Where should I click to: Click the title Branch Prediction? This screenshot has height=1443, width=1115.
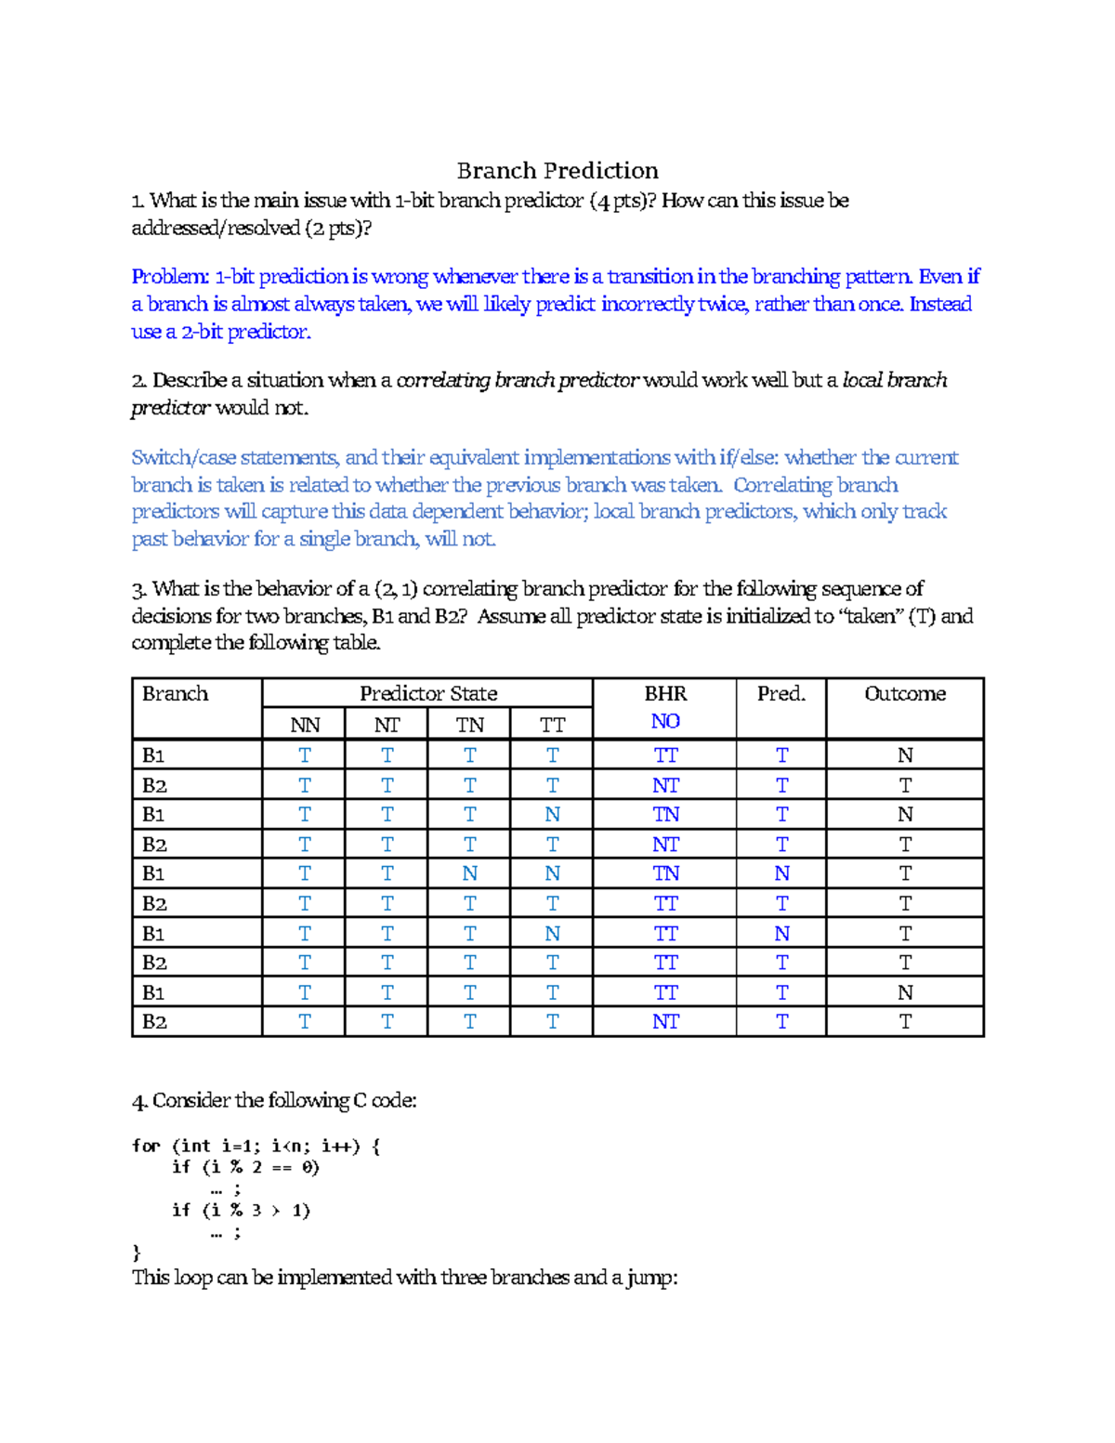click(557, 171)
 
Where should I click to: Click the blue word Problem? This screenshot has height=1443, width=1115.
click(170, 277)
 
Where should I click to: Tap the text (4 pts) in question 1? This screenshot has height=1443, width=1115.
click(612, 201)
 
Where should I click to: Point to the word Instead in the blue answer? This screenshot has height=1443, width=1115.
click(940, 305)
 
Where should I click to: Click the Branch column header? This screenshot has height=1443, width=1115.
click(175, 694)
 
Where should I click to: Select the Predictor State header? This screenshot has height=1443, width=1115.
click(428, 694)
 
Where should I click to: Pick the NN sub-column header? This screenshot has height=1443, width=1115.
click(305, 725)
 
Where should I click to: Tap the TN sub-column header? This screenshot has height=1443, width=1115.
click(469, 725)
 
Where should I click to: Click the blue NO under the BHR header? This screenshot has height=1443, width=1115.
click(665, 722)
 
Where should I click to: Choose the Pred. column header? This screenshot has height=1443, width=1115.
click(780, 694)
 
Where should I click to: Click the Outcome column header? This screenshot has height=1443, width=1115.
click(905, 694)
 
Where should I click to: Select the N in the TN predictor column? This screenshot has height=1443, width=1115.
click(469, 873)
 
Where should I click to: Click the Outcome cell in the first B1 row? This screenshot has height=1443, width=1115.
click(905, 755)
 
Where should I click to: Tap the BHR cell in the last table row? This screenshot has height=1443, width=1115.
click(665, 1022)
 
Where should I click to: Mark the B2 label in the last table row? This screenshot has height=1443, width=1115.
click(154, 1022)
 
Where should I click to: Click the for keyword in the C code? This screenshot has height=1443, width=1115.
click(146, 1146)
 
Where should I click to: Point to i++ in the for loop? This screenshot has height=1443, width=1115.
click(338, 1146)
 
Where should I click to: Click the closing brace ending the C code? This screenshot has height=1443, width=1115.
click(137, 1253)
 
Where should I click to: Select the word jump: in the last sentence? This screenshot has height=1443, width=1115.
click(652, 1279)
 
